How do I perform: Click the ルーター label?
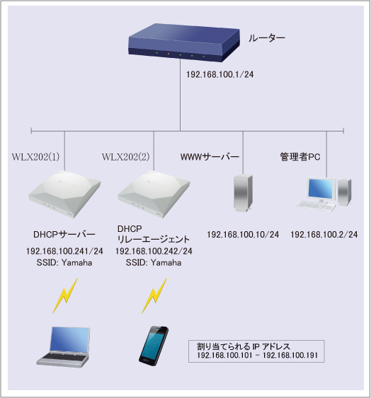coord(266,36)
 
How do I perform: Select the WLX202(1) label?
coord(35,156)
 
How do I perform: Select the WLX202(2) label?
coord(126,156)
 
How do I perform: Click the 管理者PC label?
coord(300,156)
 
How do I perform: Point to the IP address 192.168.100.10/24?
coord(243,234)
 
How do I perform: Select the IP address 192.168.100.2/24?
coord(324,234)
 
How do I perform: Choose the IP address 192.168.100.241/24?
coord(64,251)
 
